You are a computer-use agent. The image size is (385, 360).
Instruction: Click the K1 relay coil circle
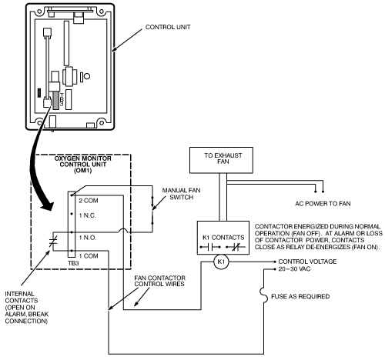(221, 262)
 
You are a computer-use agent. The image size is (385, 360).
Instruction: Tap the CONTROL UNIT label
(168, 27)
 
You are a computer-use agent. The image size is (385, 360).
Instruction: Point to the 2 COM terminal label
(89, 201)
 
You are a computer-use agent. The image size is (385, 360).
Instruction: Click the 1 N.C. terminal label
(88, 215)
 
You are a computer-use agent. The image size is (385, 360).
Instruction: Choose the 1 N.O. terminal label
(88, 238)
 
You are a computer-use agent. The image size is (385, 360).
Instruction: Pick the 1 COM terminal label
(89, 256)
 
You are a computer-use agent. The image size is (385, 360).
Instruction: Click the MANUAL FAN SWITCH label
(182, 194)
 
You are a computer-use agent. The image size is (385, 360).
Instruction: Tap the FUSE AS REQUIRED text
(300, 297)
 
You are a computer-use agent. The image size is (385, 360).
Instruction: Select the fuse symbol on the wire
(263, 295)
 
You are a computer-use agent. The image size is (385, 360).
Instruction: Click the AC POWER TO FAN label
(323, 204)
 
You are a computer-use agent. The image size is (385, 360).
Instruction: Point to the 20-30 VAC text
(294, 269)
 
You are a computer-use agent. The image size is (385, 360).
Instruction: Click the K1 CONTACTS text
(223, 238)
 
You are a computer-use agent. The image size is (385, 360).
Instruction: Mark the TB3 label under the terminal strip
(73, 263)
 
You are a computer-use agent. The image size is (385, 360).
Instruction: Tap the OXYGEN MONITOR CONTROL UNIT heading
(83, 165)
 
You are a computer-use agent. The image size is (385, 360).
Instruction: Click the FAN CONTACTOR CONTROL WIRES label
(159, 281)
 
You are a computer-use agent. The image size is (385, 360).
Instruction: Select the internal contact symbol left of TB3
(53, 242)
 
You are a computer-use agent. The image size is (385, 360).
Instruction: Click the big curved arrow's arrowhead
(47, 205)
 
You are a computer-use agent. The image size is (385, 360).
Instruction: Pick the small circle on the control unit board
(87, 76)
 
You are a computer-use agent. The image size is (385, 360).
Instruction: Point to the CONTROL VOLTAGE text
(307, 262)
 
